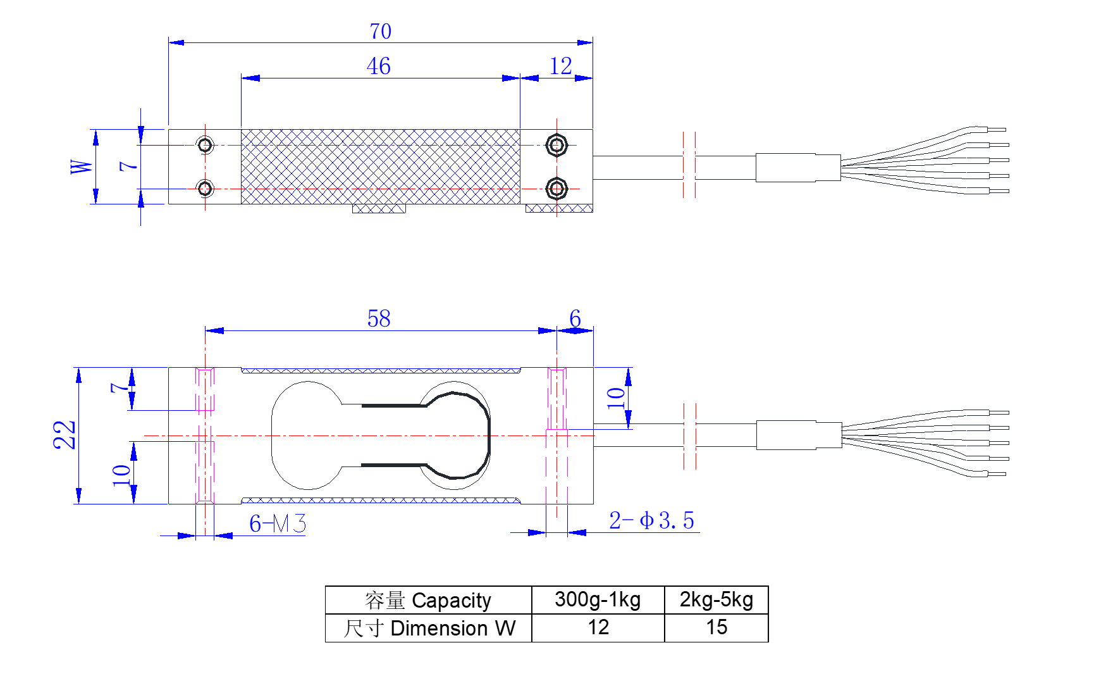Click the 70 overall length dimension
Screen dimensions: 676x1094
click(381, 31)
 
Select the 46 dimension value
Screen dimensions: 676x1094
click(378, 66)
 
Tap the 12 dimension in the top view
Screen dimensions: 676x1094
click(561, 66)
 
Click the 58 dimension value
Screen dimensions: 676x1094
click(379, 318)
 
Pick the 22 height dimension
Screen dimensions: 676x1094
click(65, 435)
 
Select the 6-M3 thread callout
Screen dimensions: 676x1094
click(278, 524)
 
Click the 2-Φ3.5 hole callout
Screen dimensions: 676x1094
click(651, 521)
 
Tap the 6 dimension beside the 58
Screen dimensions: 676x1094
click(575, 318)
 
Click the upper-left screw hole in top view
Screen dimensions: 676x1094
click(206, 145)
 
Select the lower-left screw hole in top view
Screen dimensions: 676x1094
click(206, 188)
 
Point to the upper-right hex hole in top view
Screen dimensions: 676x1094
click(556, 145)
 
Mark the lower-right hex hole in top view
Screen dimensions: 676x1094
click(556, 188)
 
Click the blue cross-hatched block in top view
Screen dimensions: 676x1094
click(380, 166)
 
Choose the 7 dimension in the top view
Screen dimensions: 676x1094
click(128, 166)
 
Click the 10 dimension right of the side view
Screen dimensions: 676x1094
click(615, 398)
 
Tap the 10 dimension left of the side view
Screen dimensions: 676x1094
click(121, 475)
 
